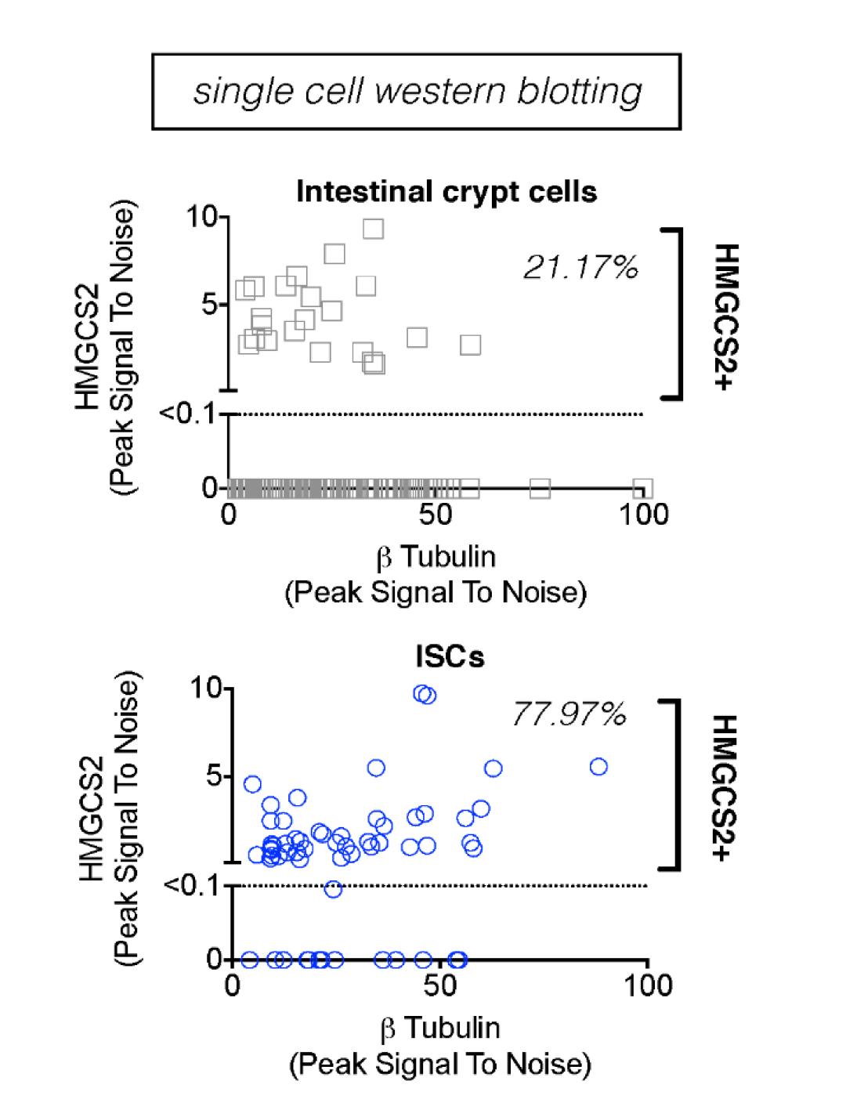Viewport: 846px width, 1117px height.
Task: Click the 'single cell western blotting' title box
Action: (416, 92)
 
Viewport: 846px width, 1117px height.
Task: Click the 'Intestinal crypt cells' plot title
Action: (446, 192)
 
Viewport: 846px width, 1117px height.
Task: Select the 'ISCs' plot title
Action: (450, 656)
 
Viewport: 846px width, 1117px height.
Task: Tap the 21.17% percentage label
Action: (580, 268)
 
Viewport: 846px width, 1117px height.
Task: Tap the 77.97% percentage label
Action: (569, 714)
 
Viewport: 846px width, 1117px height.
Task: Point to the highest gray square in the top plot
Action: (374, 229)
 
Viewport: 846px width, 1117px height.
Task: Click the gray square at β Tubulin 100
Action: (642, 489)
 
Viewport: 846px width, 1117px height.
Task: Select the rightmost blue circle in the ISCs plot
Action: (598, 767)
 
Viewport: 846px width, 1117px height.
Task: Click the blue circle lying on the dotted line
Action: (333, 889)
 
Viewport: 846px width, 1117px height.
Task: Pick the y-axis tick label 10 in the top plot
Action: (202, 216)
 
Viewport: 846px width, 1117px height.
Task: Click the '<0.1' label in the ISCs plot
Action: (192, 885)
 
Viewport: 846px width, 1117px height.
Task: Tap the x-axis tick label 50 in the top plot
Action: (436, 515)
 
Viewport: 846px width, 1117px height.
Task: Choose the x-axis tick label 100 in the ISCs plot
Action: (648, 986)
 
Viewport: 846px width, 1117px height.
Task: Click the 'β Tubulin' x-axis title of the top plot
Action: (436, 557)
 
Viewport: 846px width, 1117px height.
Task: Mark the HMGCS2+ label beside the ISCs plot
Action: (727, 786)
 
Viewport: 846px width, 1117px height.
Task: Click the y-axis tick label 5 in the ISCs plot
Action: (215, 776)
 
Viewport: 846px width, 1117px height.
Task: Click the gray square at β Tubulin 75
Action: (540, 489)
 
